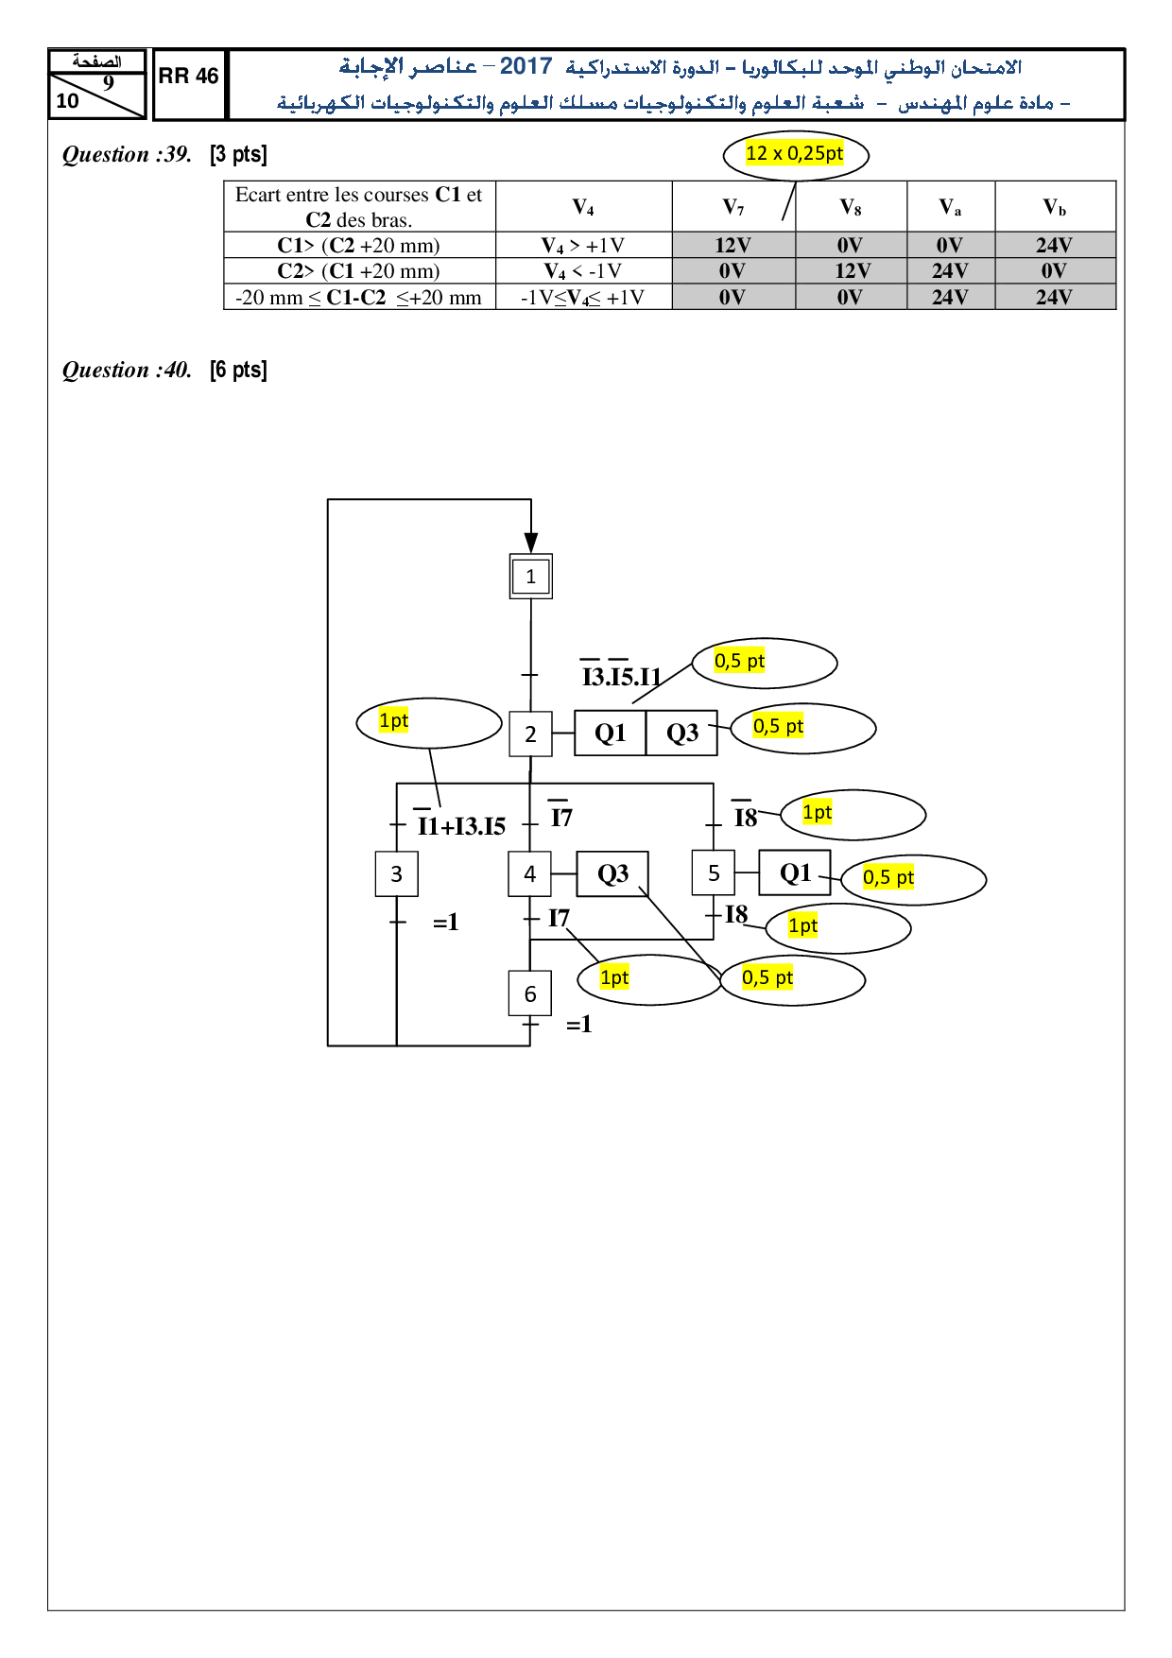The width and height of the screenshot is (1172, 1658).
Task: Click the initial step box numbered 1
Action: click(530, 577)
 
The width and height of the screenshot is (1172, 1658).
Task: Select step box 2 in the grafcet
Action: click(530, 734)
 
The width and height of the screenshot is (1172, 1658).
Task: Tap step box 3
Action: click(397, 874)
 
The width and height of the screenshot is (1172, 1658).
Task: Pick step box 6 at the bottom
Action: click(530, 993)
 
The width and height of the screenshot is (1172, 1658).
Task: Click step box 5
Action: click(714, 873)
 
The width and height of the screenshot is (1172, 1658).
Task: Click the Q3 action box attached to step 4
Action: click(612, 874)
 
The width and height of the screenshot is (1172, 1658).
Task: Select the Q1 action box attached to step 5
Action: click(795, 872)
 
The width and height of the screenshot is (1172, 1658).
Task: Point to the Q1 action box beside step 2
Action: click(611, 734)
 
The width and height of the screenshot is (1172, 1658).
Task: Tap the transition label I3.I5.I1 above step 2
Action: click(621, 675)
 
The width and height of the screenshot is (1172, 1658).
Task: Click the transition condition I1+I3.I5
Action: click(461, 825)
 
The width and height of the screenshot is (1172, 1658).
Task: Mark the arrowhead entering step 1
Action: click(531, 543)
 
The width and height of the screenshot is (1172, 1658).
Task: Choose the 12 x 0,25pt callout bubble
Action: click(795, 154)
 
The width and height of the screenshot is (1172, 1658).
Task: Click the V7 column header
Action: click(733, 207)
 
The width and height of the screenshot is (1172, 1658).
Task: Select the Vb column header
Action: click(1054, 207)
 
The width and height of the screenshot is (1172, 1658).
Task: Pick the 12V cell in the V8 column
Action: click(852, 271)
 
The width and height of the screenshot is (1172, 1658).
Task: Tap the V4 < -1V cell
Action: click(583, 271)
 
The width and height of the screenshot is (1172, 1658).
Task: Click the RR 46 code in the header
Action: click(188, 77)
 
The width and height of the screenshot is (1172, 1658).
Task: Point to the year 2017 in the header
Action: click(526, 66)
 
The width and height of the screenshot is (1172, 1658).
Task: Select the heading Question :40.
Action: click(127, 370)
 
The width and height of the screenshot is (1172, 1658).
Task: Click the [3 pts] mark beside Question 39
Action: click(238, 154)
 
